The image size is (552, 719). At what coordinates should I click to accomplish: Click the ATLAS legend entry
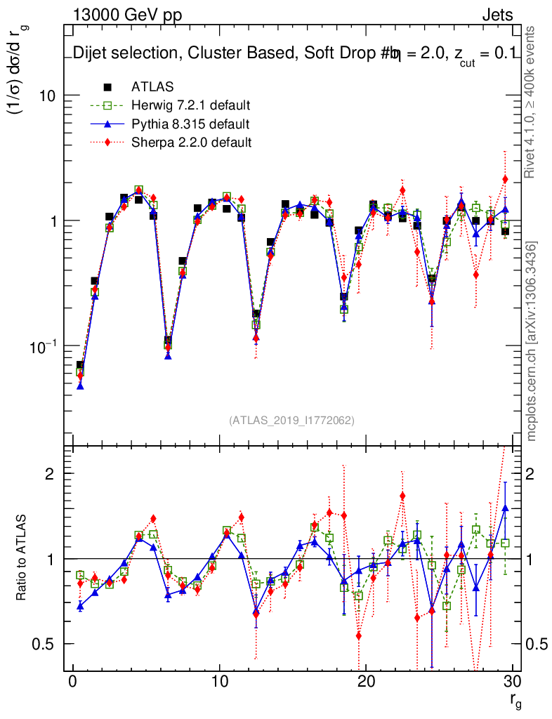pyautogui.click(x=150, y=87)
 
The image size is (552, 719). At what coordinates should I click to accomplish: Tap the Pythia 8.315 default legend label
pyautogui.click(x=190, y=124)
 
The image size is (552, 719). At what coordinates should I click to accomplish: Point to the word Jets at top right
pyautogui.click(x=497, y=15)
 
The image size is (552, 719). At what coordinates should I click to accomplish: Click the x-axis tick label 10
pyautogui.click(x=220, y=683)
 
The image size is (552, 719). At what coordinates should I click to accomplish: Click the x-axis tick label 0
pyautogui.click(x=73, y=683)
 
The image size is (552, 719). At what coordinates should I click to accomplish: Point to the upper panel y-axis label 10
pyautogui.click(x=48, y=95)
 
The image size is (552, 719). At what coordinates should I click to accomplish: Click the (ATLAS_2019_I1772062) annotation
pyautogui.click(x=291, y=420)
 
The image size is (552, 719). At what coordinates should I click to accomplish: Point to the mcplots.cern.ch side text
pyautogui.click(x=532, y=341)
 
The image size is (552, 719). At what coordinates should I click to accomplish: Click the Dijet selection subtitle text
pyautogui.click(x=295, y=53)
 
